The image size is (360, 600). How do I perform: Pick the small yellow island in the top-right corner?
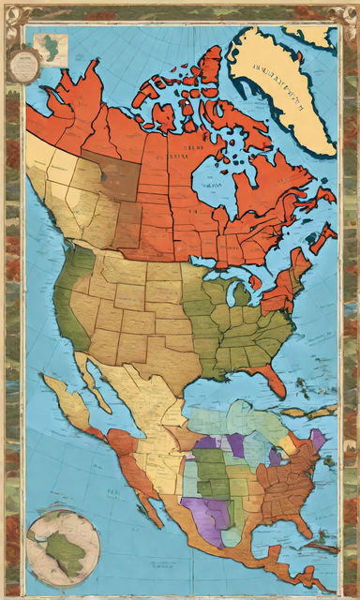coord(315,36)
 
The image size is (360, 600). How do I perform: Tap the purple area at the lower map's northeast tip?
coord(317,439)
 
